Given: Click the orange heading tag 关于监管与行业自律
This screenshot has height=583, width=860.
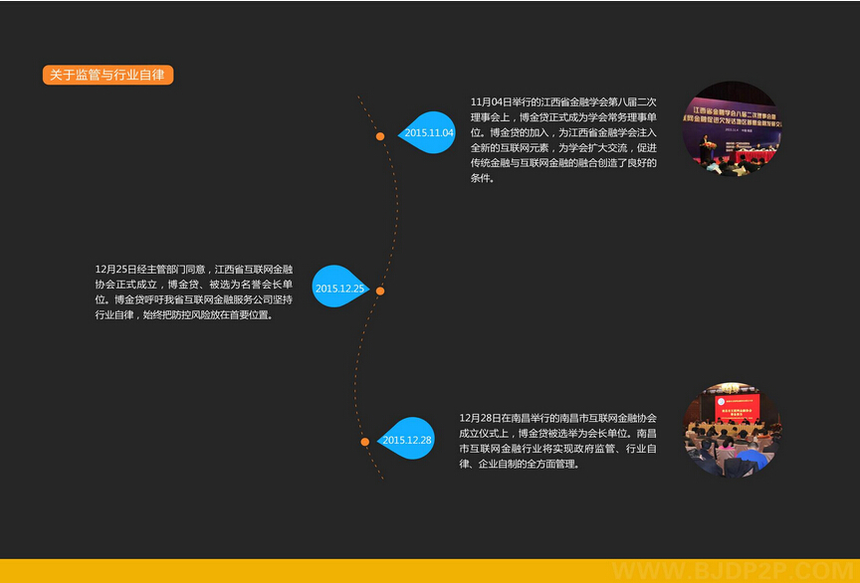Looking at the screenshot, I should coord(107,75).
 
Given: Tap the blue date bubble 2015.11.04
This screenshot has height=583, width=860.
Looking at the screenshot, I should coord(427,132).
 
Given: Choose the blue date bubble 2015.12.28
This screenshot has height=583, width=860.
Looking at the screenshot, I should coord(407,439).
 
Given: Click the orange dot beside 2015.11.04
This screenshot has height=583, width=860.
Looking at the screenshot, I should coord(380,136).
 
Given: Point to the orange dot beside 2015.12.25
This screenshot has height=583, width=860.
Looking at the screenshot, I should coord(380,291).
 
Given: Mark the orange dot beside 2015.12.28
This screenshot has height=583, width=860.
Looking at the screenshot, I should coord(365,441).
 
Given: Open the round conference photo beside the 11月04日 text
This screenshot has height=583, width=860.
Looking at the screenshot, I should coord(732,129).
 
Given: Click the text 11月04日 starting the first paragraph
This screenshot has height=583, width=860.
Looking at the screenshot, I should coord(491,101).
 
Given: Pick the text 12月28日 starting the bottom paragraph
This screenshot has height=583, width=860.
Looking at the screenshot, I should coord(480,418).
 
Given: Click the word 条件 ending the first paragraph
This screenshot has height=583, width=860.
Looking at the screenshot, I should coord(482,178).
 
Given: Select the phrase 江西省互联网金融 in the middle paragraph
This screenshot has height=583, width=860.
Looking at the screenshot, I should coord(254,269).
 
